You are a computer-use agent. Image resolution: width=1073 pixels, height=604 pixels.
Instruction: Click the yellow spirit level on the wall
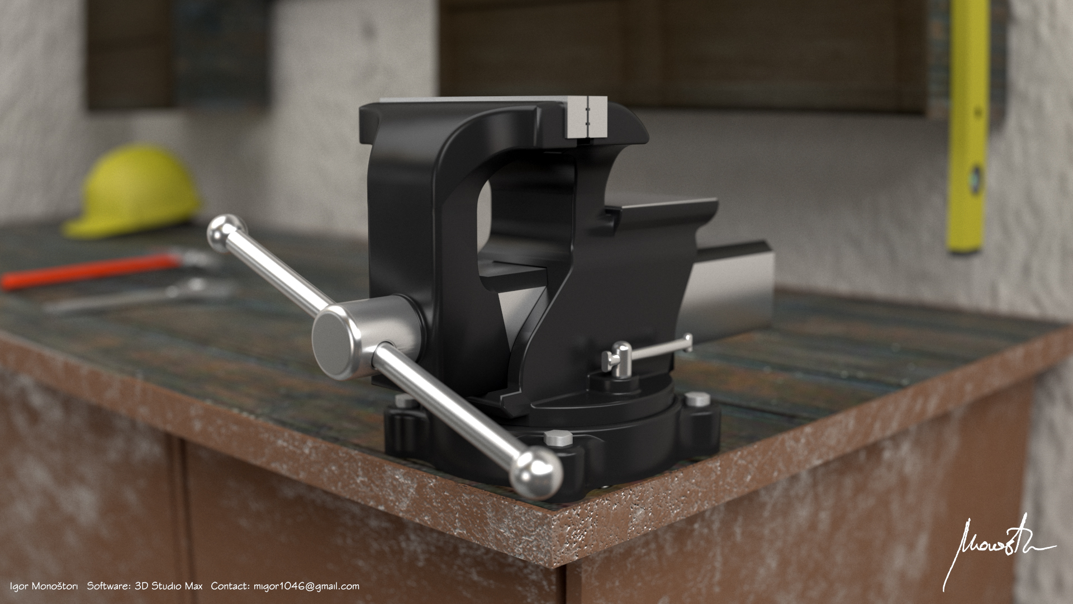point(966,123)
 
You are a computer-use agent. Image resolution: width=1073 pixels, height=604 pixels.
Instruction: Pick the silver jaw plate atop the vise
point(586,117)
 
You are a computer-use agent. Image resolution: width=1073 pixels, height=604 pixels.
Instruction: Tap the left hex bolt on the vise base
point(403,401)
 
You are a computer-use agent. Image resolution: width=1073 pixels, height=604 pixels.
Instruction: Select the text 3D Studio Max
point(168,586)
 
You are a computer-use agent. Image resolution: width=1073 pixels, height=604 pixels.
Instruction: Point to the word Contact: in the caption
point(229,586)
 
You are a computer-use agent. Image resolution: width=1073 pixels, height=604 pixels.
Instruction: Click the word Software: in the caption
point(108,586)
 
